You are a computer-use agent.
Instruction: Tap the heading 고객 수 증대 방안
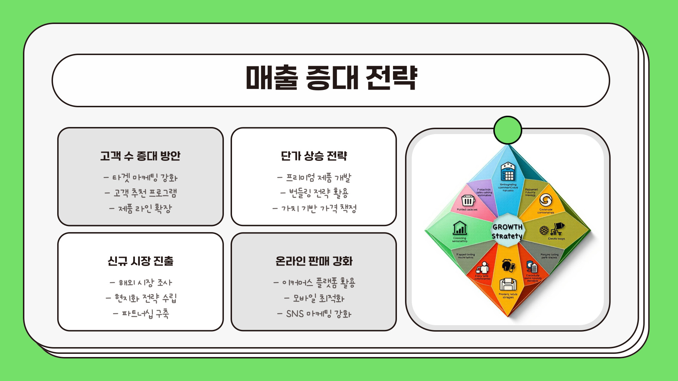tap(140, 156)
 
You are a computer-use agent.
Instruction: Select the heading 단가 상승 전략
tap(314, 156)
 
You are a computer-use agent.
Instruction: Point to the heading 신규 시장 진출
tap(140, 261)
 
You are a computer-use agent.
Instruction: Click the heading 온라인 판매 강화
tap(314, 261)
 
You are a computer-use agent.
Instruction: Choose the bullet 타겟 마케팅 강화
tap(141, 177)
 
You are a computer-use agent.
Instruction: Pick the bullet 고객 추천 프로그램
tap(141, 193)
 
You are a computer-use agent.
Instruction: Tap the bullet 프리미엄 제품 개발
tap(314, 177)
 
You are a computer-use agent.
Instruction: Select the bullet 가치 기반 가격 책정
tap(314, 208)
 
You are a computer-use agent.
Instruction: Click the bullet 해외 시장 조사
tap(141, 283)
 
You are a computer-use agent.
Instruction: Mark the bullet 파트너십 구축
tap(141, 314)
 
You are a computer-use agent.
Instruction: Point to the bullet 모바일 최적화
tap(314, 298)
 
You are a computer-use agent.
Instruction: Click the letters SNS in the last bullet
tap(295, 314)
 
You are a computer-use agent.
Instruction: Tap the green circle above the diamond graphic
tap(507, 130)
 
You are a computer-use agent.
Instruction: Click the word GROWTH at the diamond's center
tap(507, 227)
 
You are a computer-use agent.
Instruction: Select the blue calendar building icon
tap(508, 171)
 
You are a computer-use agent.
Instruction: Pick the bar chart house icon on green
tap(460, 228)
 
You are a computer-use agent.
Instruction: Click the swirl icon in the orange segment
tap(546, 200)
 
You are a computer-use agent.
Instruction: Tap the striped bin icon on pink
tap(468, 201)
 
